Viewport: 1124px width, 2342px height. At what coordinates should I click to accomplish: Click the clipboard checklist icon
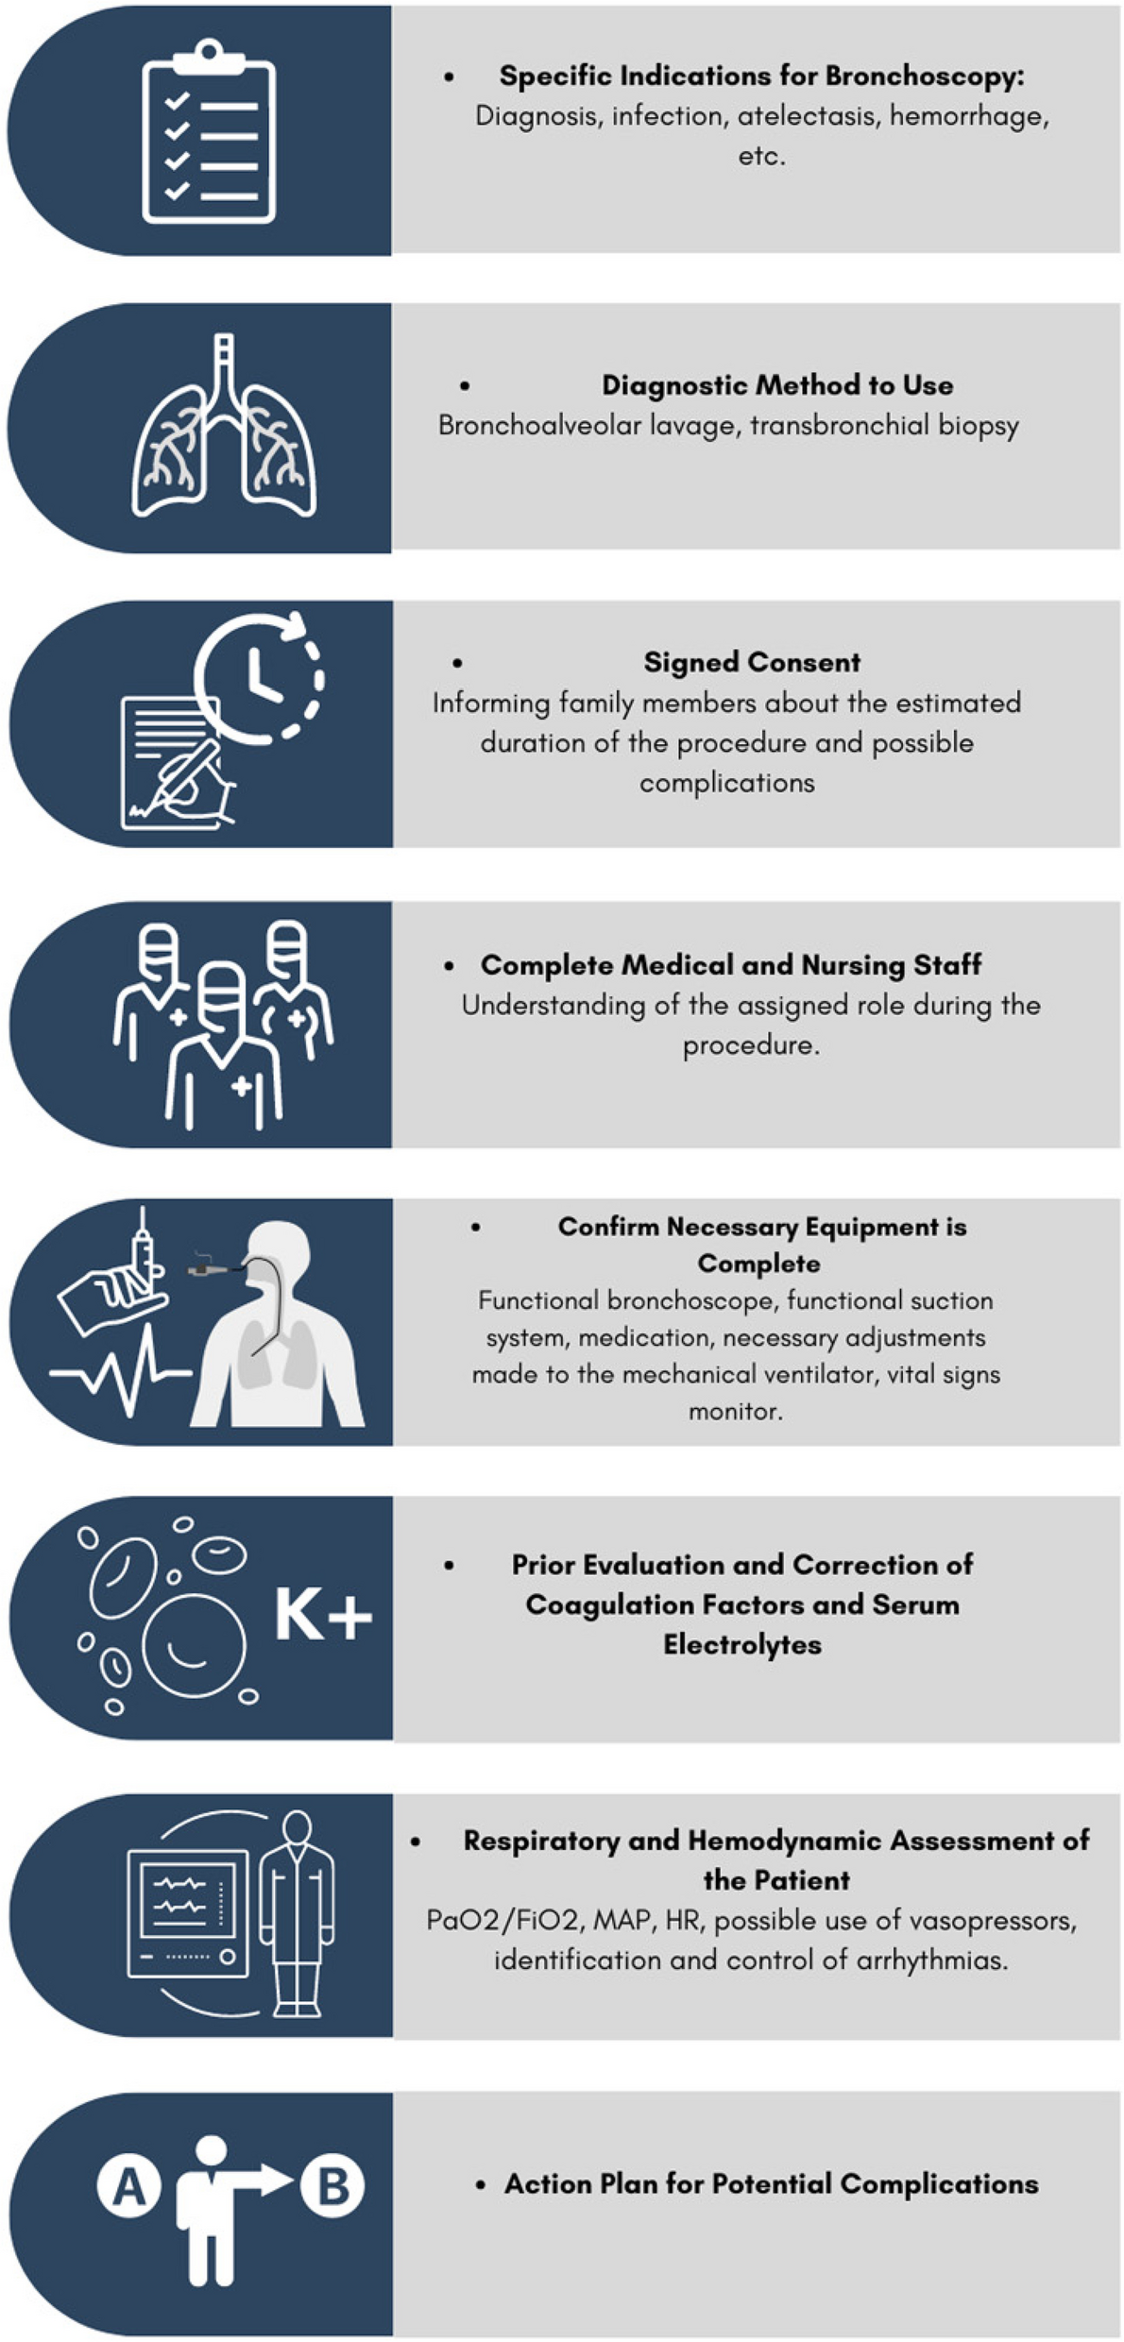209,131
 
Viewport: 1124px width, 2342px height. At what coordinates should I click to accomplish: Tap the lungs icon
224,427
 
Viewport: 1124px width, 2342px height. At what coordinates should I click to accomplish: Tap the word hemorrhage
968,116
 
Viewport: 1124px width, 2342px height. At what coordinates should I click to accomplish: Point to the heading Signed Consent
752,662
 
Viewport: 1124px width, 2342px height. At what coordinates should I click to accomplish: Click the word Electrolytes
742,1644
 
